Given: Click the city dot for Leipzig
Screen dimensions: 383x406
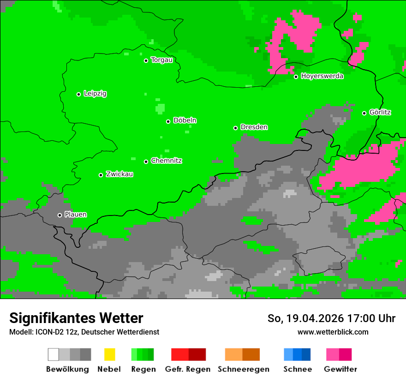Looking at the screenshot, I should [78, 94].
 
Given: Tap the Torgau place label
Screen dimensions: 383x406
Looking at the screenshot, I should [161, 60].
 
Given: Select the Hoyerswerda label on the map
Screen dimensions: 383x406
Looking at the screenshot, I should [322, 76].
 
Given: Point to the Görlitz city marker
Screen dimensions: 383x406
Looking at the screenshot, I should [364, 113].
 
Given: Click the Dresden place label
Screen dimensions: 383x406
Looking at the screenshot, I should [254, 127].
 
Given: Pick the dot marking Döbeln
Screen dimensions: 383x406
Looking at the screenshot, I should [168, 121].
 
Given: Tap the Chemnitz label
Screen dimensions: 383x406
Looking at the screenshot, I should [166, 161].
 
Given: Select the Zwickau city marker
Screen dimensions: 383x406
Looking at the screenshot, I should [101, 175].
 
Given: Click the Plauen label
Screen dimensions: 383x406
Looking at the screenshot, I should [76, 215].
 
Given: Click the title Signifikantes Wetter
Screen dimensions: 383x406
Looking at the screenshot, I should [76, 318].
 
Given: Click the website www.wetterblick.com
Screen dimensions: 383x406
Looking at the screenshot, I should [333, 332].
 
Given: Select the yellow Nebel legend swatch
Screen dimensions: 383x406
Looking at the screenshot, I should [109, 354].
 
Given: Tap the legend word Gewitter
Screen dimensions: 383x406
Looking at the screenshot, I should [340, 369].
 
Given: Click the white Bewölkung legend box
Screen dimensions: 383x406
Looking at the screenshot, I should [54, 354].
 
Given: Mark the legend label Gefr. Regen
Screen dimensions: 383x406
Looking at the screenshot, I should [188, 369].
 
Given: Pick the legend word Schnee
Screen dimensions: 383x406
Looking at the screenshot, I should [298, 369].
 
